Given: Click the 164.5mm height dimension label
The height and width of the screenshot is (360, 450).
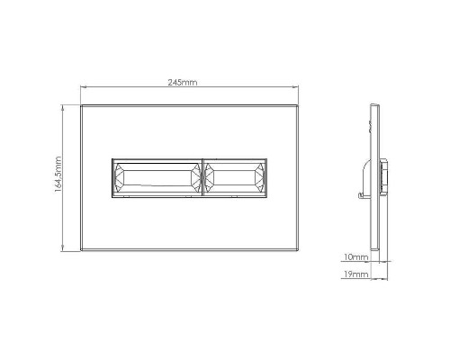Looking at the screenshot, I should (57, 177).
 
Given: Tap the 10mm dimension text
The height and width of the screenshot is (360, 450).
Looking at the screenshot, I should (357, 256).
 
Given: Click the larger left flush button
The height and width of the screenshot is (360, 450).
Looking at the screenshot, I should (157, 178).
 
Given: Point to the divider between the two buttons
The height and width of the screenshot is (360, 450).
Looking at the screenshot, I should (203, 178).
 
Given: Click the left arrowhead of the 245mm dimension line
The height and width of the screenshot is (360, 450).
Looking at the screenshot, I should (83, 86).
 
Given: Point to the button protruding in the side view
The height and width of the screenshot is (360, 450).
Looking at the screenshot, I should (385, 177).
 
